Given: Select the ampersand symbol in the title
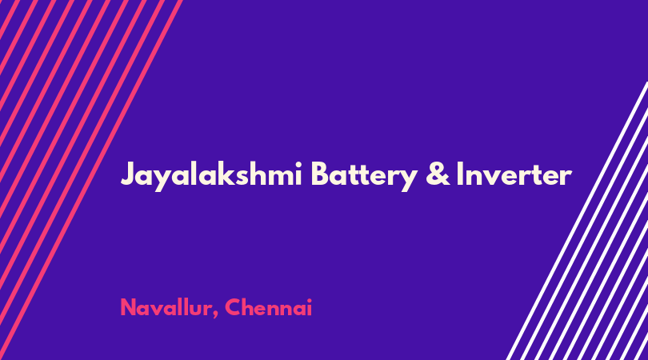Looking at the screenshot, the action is pyautogui.click(x=438, y=174).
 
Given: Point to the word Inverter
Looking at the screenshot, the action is pyautogui.click(x=514, y=174).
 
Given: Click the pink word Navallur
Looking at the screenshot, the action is pyautogui.click(x=166, y=307).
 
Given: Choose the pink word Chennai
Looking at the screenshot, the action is pyautogui.click(x=268, y=307).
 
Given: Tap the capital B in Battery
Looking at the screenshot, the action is pyautogui.click(x=320, y=174).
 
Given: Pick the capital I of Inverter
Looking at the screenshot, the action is pyautogui.click(x=459, y=174).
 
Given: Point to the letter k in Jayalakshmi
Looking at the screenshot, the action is pyautogui.click(x=220, y=173).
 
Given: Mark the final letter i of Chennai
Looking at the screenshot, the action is pyautogui.click(x=309, y=307).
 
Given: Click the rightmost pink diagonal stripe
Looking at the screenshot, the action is pyautogui.click(x=91, y=180).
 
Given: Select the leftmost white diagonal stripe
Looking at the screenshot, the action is pyautogui.click(x=577, y=221).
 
